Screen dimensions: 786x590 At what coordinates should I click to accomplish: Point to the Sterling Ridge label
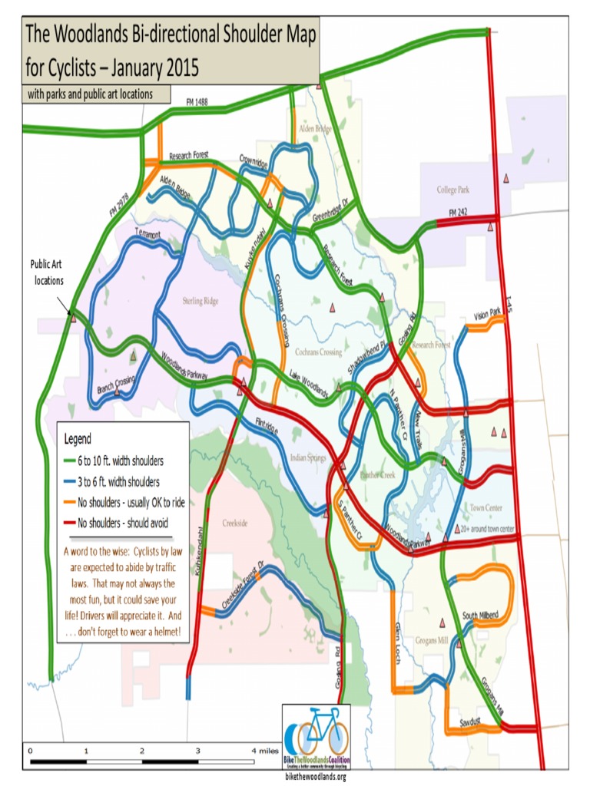pyautogui.click(x=201, y=301)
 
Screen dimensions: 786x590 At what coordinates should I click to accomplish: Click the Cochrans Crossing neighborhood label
pyautogui.click(x=318, y=352)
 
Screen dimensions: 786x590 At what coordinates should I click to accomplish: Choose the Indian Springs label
pyautogui.click(x=308, y=458)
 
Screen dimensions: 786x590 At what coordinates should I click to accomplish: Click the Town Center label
pyautogui.click(x=486, y=508)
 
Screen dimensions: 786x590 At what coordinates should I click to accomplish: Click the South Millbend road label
pyautogui.click(x=481, y=616)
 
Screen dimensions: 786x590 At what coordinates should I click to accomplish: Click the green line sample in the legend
pyautogui.click(x=70, y=461)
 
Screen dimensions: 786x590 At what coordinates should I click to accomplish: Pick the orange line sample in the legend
pyautogui.click(x=70, y=503)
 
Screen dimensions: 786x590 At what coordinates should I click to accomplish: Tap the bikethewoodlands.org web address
pyautogui.click(x=316, y=777)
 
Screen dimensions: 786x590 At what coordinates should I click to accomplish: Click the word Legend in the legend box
pyautogui.click(x=78, y=440)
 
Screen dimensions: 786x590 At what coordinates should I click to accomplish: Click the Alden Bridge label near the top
pyautogui.click(x=317, y=129)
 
